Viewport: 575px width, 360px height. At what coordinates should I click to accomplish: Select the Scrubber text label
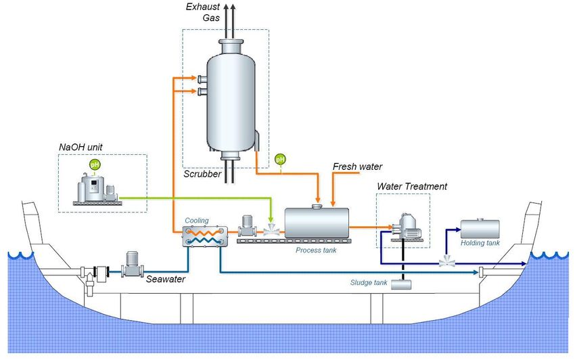(203, 174)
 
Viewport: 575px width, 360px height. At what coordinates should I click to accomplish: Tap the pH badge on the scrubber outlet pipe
(280, 160)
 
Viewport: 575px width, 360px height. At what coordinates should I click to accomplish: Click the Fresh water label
(358, 166)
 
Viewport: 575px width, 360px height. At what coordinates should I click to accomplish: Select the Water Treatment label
(412, 186)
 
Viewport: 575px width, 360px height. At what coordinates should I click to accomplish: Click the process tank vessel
(317, 221)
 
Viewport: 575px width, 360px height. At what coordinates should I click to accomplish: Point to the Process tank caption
(316, 250)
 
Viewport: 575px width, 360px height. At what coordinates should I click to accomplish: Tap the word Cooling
(196, 221)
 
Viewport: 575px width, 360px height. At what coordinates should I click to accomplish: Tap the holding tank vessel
(480, 229)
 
